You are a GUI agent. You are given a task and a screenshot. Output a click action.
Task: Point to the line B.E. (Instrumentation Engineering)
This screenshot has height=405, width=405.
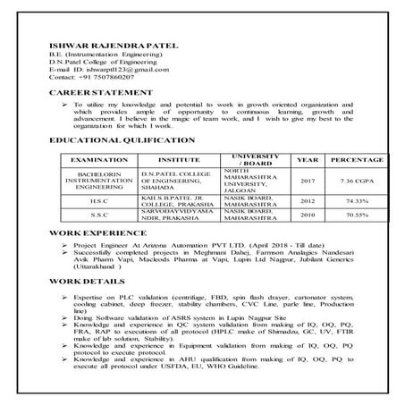click(100, 55)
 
